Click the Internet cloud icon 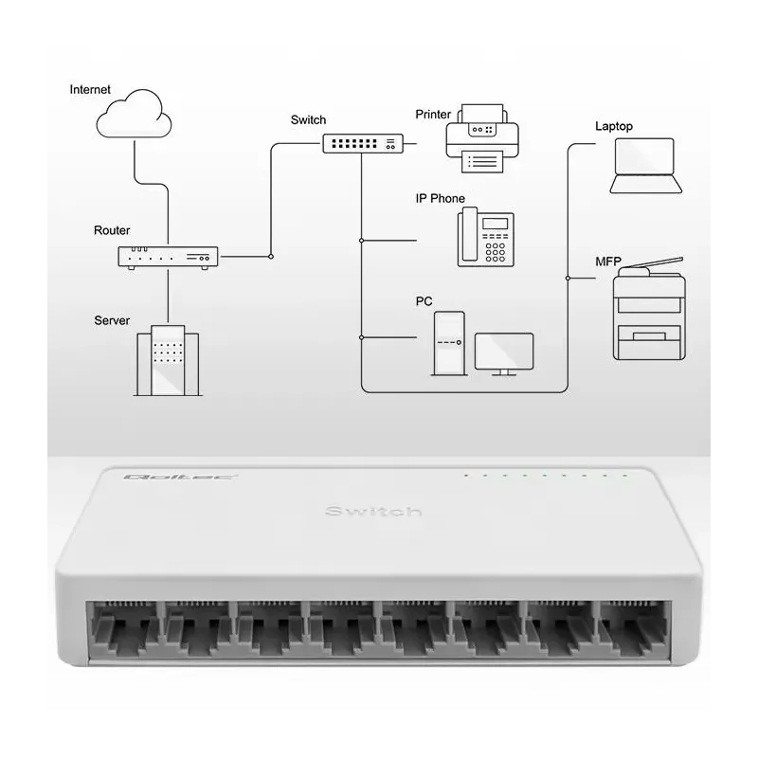135,113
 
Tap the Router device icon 168,257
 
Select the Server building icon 167,361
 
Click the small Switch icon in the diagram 362,144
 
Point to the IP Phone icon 486,238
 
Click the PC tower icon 449,342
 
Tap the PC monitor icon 504,352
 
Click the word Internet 90,90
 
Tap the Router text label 112,230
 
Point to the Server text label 112,320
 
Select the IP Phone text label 440,199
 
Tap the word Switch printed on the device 372,512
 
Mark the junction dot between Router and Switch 271,256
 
